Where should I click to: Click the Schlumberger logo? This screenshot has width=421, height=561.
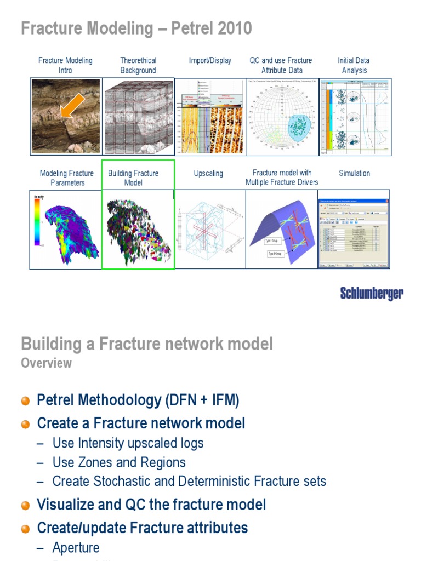[372, 293]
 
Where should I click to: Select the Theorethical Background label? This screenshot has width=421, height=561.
[138, 65]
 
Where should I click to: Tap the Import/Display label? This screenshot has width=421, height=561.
[210, 60]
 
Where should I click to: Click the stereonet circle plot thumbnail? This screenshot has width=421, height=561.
[282, 116]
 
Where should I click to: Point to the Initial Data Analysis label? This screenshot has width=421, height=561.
[354, 65]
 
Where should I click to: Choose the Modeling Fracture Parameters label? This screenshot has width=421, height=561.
[66, 178]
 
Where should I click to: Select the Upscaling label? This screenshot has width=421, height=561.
[208, 173]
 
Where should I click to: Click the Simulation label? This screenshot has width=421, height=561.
[354, 173]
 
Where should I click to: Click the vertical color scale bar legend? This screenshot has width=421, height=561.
[37, 222]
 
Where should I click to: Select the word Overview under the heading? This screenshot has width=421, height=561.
[46, 363]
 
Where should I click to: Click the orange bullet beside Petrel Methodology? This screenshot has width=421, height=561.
[25, 401]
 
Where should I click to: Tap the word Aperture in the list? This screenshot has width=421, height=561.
[76, 548]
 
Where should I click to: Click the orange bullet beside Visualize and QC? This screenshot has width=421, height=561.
[25, 506]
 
